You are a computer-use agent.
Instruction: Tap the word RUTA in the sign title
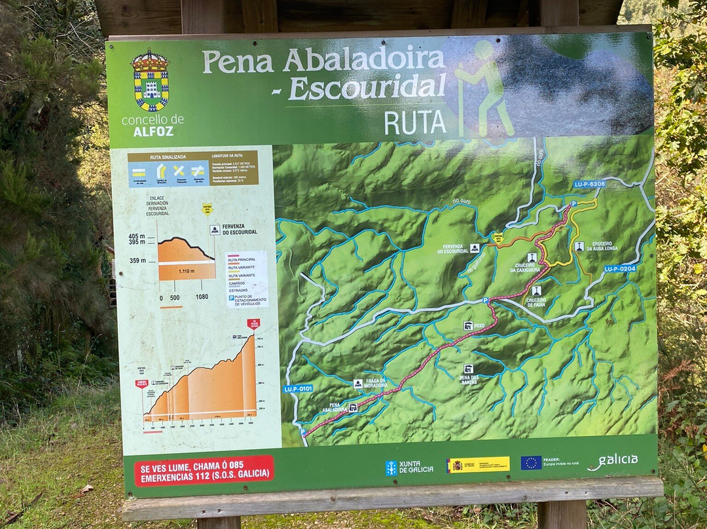pos(415,122)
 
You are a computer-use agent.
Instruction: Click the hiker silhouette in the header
pos(486,88)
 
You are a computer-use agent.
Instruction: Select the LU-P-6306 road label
pos(589,184)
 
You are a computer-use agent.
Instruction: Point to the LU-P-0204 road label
pos(619,268)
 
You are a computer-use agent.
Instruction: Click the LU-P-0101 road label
pos(298,388)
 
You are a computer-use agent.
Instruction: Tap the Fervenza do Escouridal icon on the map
pos(475,248)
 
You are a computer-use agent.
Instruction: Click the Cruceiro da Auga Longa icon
pos(579,246)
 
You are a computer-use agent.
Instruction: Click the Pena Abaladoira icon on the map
pos(353,408)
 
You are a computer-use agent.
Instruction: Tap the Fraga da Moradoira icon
pos(358,384)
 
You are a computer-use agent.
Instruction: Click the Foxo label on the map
pos(480,325)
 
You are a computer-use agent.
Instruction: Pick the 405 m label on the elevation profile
pos(137,236)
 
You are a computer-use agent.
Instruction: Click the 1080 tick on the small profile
pos(202,297)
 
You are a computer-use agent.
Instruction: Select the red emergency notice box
pos(204,470)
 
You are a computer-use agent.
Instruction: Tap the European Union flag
pos(531,463)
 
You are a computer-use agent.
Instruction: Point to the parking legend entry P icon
pos(231,298)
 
